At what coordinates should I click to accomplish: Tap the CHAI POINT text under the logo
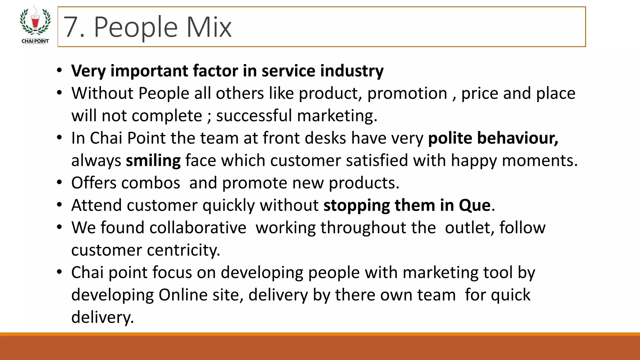click(35, 41)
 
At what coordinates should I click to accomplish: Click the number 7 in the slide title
click(71, 27)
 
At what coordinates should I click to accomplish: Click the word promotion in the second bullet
click(407, 93)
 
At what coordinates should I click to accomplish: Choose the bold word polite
click(450, 138)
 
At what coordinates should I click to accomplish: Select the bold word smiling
click(153, 161)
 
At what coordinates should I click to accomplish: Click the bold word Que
click(475, 206)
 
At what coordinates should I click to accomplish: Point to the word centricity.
click(183, 250)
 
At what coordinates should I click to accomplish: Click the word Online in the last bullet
click(183, 295)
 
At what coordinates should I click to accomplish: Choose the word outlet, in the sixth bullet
click(470, 228)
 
